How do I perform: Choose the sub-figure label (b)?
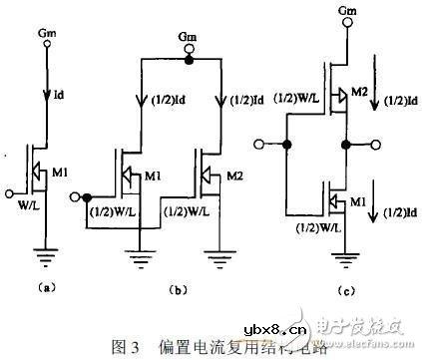click(x=180, y=290)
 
